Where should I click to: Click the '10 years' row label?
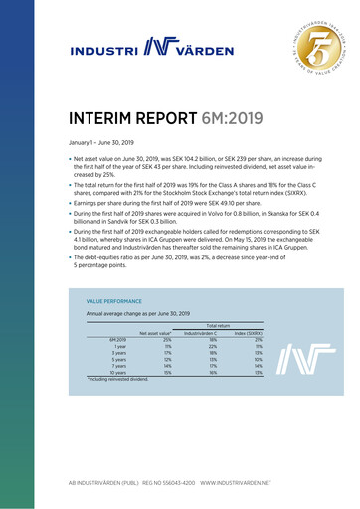click(116, 373)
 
